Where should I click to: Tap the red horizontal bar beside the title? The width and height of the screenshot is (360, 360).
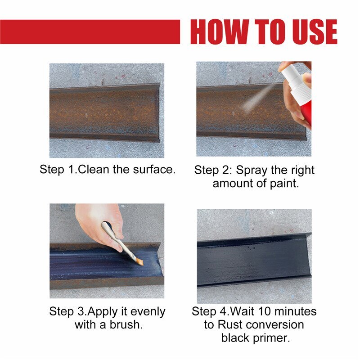click(90, 31)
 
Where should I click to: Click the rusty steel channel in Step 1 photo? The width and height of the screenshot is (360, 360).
click(103, 112)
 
